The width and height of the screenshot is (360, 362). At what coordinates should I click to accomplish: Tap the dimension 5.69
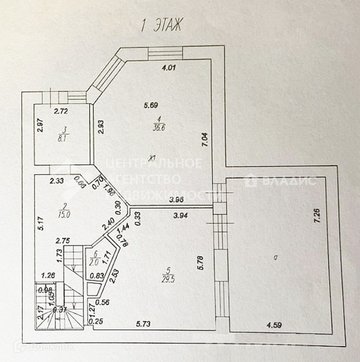(150, 106)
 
